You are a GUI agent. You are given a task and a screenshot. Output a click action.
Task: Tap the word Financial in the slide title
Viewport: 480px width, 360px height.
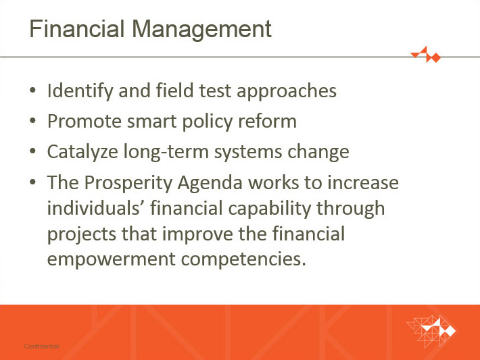pos(77,28)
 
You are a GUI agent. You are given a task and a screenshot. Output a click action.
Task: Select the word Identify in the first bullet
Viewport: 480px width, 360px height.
pos(80,91)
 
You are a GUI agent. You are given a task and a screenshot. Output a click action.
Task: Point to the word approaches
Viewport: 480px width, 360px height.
pos(287,91)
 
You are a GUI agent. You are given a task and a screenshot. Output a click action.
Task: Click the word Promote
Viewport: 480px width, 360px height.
pos(85,122)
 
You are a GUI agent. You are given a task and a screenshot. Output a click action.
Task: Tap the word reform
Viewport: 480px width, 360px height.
pos(268,121)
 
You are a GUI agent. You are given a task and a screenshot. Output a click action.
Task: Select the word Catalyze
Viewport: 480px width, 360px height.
pos(82,152)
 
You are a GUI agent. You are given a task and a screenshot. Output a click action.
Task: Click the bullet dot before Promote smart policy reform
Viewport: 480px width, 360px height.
pos(32,120)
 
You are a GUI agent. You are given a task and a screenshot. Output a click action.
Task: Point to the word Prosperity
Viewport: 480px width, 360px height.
pos(128,183)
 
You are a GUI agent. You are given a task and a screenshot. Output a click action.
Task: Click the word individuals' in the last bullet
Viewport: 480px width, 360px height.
pos(96,208)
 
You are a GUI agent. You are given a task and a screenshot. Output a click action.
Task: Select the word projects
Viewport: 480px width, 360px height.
pos(81,234)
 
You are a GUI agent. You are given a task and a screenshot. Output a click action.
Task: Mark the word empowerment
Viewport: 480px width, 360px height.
pos(111,259)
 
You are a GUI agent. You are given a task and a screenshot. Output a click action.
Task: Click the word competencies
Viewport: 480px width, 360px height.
pos(243,259)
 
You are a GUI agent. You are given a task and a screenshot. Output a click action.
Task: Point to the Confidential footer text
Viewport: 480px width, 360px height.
pos(41,346)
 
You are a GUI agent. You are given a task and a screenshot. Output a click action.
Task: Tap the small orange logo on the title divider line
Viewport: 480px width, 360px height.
pos(426,55)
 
